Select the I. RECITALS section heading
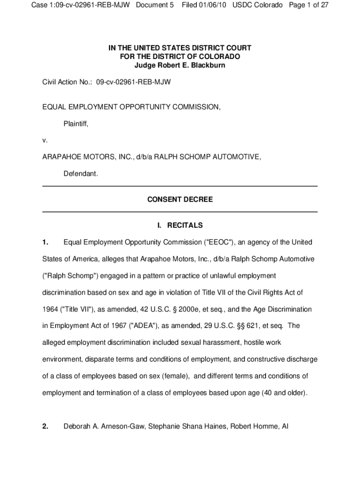coord(180,225)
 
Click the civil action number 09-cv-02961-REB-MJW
coord(133,82)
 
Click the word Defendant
coord(80,174)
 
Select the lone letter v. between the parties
coord(45,140)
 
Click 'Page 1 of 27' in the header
coord(306,5)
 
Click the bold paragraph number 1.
coord(45,242)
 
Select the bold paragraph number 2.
coord(45,426)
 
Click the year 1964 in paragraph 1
coord(50,309)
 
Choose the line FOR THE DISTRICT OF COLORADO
coord(180,57)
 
